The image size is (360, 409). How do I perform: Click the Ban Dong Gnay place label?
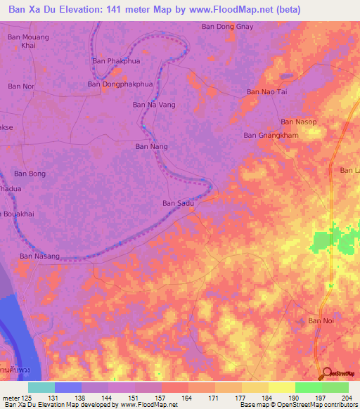(227, 27)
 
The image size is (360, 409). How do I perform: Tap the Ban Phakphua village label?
(116, 61)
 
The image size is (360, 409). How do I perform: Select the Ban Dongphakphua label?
(120, 84)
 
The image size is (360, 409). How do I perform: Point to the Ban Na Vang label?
(154, 105)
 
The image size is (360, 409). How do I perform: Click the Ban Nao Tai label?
(267, 92)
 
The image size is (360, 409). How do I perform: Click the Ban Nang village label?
(151, 147)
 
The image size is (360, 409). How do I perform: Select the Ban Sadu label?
(178, 203)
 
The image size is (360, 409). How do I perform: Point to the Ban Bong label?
(30, 174)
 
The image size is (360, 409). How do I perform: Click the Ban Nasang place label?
(39, 257)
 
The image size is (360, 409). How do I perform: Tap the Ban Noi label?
(321, 320)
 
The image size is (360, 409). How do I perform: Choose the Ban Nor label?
(20, 86)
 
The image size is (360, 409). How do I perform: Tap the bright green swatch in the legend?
(308, 387)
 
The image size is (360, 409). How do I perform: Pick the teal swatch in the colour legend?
(41, 387)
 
